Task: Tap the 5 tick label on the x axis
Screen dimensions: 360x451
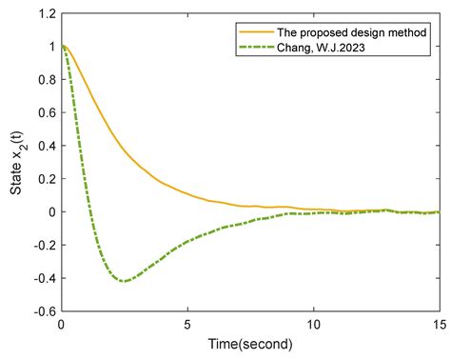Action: click(188, 324)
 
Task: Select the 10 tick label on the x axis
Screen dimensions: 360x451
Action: click(314, 324)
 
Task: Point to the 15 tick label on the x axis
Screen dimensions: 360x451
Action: click(439, 324)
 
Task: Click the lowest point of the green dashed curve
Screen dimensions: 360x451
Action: click(124, 281)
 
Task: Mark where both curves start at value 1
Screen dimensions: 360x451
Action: click(62, 47)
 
